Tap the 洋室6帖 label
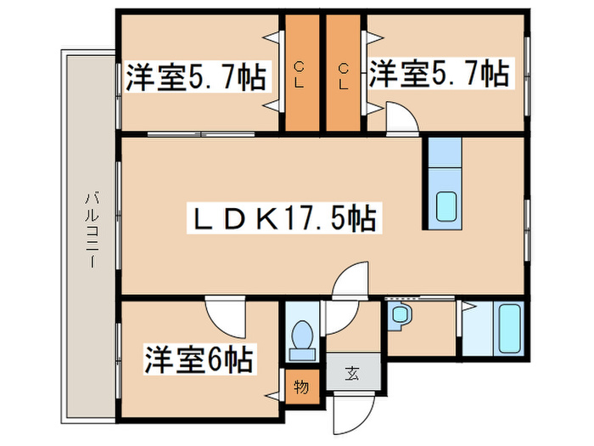point(198,358)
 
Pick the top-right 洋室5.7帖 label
point(439,74)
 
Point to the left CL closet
point(300,75)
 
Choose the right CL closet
point(344,75)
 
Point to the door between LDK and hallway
point(351,280)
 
